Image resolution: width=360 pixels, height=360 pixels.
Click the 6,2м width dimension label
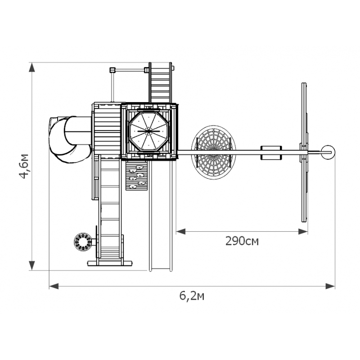tap(192, 296)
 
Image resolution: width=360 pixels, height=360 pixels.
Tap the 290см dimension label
tap(242, 241)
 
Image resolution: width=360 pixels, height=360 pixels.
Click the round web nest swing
tap(213, 152)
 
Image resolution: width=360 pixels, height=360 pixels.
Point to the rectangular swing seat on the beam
tap(271, 153)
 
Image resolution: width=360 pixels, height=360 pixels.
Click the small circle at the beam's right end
tap(328, 152)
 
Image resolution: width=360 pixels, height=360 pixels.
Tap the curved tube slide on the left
tap(69, 139)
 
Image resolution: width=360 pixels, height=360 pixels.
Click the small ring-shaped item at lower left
tap(83, 242)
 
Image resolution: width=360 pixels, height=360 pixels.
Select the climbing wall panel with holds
tap(137, 175)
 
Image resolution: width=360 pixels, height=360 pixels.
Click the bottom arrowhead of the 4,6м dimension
tap(32, 265)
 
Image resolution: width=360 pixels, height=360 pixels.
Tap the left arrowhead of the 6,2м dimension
tap(54, 286)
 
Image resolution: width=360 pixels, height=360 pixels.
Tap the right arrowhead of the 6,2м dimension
tap(330, 286)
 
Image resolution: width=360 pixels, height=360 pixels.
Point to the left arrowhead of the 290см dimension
tap(181, 231)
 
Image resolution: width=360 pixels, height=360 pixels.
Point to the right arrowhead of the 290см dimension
tap(303, 231)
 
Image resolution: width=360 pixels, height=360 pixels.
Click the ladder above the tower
tap(160, 83)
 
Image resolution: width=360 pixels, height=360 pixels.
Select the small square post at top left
tap(112, 70)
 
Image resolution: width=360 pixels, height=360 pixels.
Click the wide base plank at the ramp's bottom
tap(110, 263)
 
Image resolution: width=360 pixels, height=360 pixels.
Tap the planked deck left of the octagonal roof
tap(108, 131)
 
